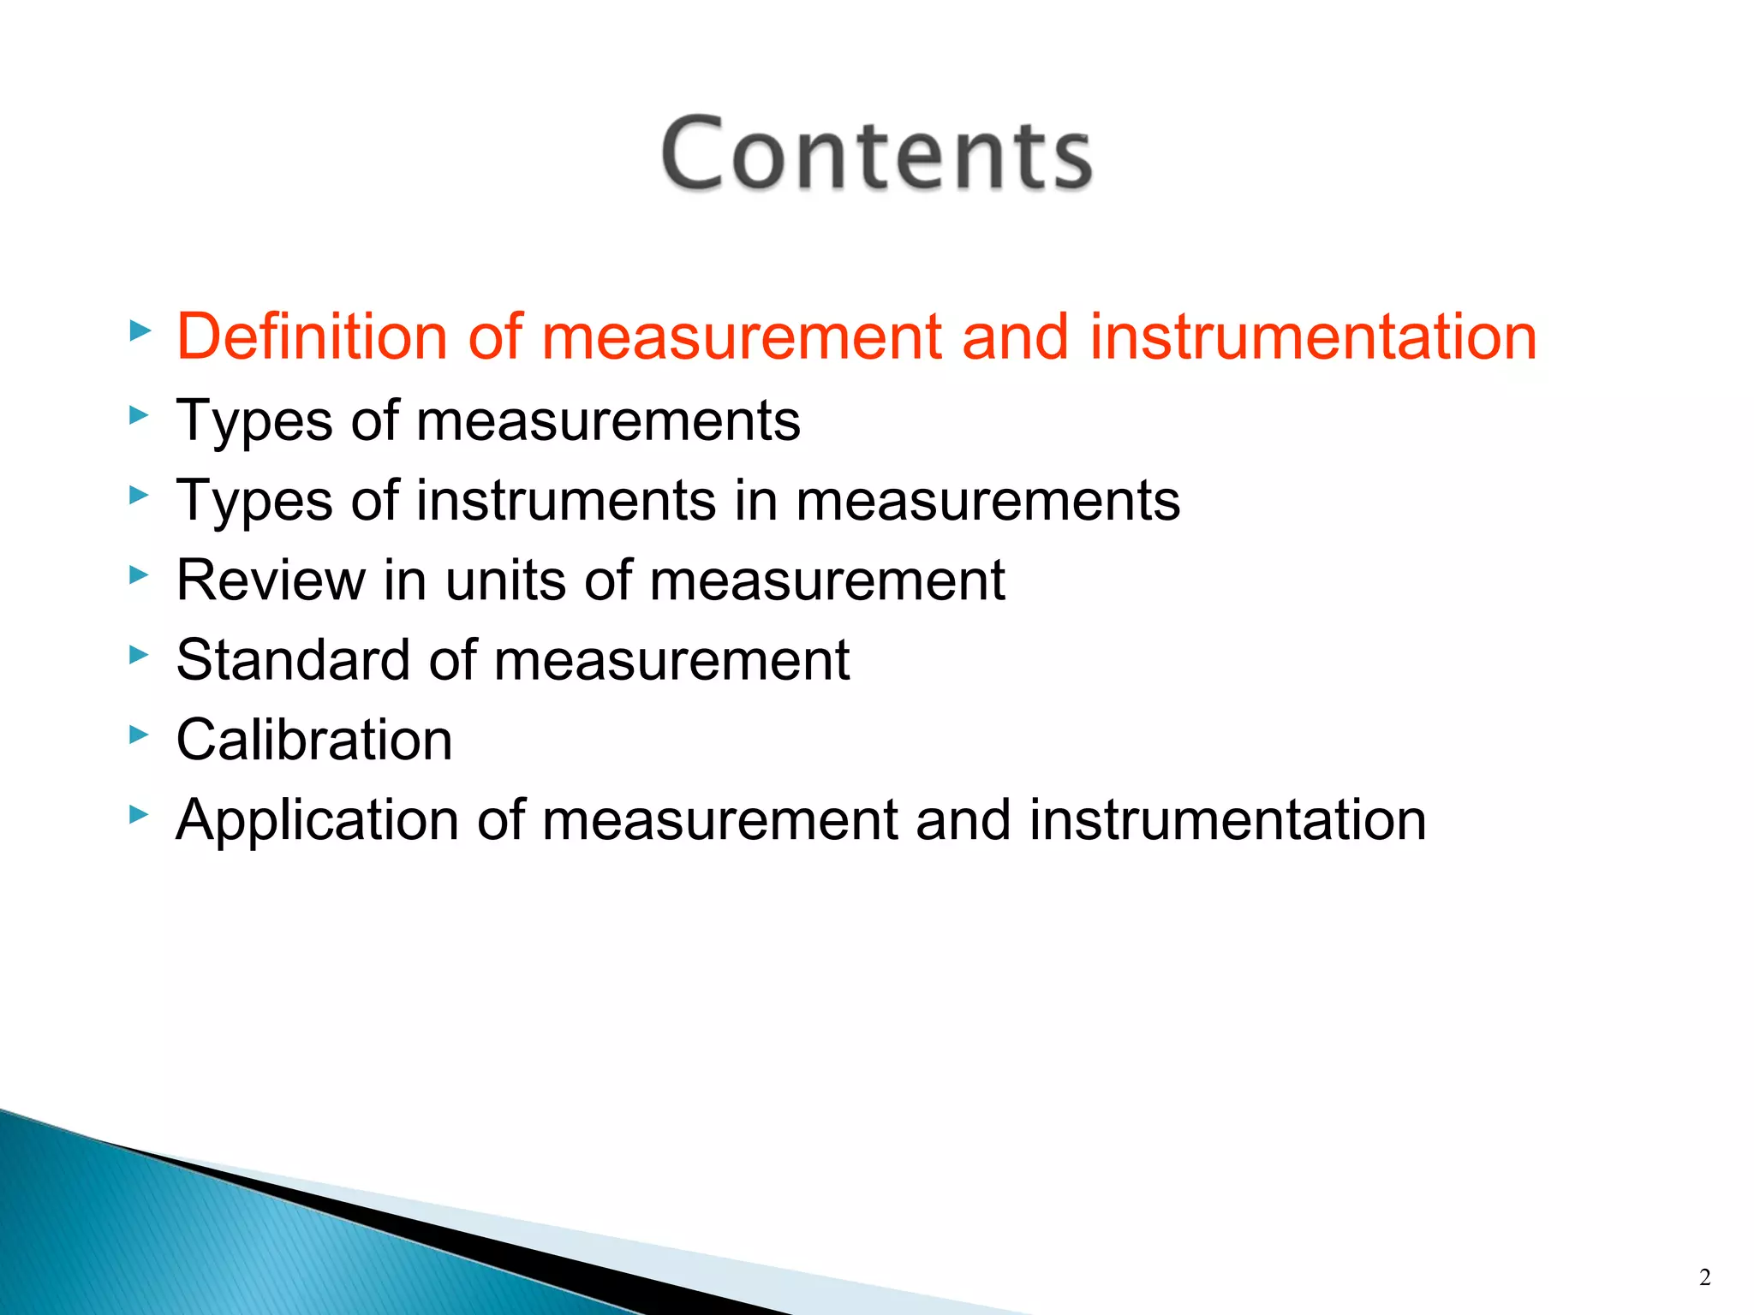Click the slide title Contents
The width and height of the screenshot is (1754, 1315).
tap(876, 154)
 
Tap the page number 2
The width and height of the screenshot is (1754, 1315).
tap(1704, 1277)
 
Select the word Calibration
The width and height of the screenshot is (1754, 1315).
tap(314, 740)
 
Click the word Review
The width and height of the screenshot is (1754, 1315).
tap(270, 580)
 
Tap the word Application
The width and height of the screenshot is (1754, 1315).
tap(317, 820)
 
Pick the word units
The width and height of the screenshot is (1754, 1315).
tap(505, 580)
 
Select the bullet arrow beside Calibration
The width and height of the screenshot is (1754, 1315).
tap(139, 734)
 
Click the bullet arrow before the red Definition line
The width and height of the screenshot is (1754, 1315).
tap(139, 330)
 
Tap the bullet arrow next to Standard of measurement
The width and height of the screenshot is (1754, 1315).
tap(139, 655)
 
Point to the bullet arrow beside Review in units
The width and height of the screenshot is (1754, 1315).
tap(139, 574)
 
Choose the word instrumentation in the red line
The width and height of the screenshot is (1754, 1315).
tap(1313, 336)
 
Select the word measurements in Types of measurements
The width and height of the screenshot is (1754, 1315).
tap(608, 421)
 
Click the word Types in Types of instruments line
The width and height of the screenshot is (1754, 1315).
tap(254, 501)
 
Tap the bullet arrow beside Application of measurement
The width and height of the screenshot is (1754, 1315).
tap(139, 814)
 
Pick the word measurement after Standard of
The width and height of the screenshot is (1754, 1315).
tap(671, 660)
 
